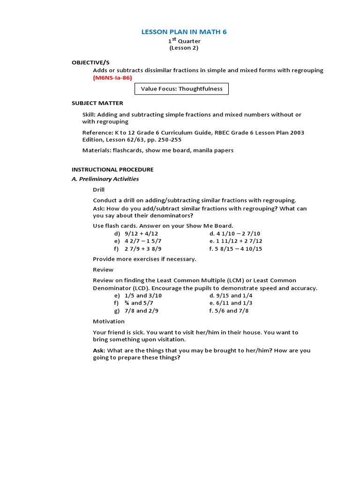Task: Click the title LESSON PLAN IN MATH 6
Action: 184,32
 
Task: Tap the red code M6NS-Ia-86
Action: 112,77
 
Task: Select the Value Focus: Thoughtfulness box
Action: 181,89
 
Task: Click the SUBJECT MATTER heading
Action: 97,103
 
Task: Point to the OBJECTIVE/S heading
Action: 90,62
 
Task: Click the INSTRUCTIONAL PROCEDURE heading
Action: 112,169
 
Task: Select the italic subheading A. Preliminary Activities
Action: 105,179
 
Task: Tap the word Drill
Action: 98,190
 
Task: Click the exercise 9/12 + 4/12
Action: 141,233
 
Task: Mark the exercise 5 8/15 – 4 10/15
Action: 236,249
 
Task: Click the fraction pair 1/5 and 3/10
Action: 143,296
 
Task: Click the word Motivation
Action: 109,322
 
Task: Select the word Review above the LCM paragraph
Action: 103,270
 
